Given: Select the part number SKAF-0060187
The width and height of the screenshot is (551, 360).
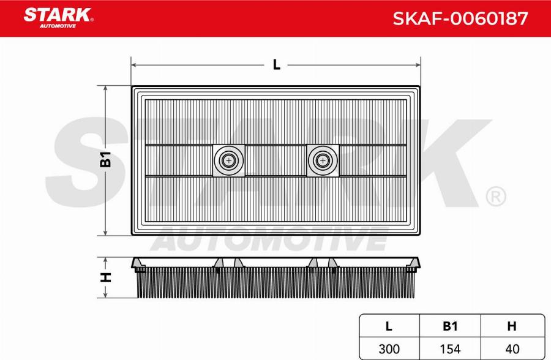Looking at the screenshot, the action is [460, 18].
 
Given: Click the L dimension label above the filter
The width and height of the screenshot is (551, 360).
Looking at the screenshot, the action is [277, 65].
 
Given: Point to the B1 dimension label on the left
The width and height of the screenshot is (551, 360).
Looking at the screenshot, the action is [105, 159].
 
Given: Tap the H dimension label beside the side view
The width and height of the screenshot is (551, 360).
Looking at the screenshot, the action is [105, 277].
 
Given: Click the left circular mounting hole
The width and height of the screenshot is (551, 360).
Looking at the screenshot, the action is [229, 160].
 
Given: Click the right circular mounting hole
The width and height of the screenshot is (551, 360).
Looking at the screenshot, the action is [323, 160].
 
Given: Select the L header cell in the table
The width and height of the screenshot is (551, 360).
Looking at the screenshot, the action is [389, 326].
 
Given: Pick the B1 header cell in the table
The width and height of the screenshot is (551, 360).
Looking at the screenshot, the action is [450, 326].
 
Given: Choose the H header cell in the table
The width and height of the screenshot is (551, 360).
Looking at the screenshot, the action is [512, 326].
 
